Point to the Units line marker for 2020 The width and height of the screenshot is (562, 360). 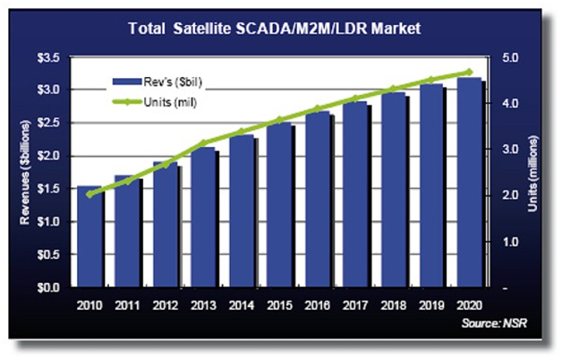tap(469, 72)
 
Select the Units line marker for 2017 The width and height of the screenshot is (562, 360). tap(355, 99)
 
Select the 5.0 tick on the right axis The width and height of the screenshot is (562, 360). tap(511, 57)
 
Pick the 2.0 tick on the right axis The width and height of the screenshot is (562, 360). tap(511, 195)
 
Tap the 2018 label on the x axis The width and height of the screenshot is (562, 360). tap(393, 305)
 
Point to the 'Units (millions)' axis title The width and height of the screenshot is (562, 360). tap(534, 173)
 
